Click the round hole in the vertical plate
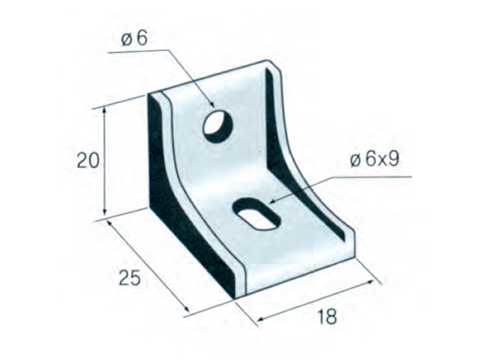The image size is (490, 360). click(x=219, y=123)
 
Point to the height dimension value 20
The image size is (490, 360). click(x=87, y=161)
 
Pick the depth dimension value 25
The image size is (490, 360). click(x=129, y=277)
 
